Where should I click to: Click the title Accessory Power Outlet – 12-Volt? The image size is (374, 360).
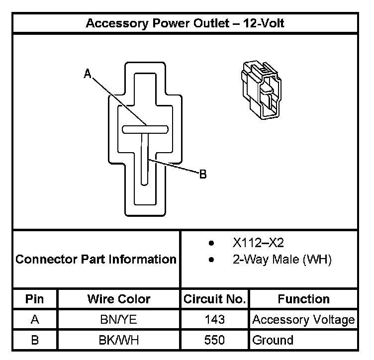[x=185, y=23]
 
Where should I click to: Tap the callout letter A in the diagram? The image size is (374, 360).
[x=88, y=74]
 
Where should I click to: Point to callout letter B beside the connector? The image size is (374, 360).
[x=202, y=175]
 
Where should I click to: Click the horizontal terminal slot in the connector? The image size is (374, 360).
[x=145, y=129]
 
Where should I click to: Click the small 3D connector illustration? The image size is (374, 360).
[x=259, y=90]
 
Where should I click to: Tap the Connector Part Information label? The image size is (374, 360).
[x=96, y=259]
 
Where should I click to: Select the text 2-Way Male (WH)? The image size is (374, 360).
[x=281, y=259]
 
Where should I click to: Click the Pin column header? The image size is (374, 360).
[x=35, y=299]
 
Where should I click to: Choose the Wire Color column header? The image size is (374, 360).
[x=118, y=299]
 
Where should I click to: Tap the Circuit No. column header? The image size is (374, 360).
[x=214, y=299]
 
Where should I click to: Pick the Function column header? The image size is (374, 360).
[x=303, y=299]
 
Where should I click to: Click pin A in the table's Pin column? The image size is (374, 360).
[x=35, y=320]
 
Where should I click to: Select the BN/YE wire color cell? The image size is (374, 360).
[x=118, y=320]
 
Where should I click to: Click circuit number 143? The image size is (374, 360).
[x=214, y=320]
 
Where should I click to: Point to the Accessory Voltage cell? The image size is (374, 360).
[x=303, y=320]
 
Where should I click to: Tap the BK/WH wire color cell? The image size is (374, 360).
[x=118, y=341]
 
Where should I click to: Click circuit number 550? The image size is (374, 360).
[x=214, y=341]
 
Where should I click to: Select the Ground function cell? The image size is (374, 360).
[x=273, y=341]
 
